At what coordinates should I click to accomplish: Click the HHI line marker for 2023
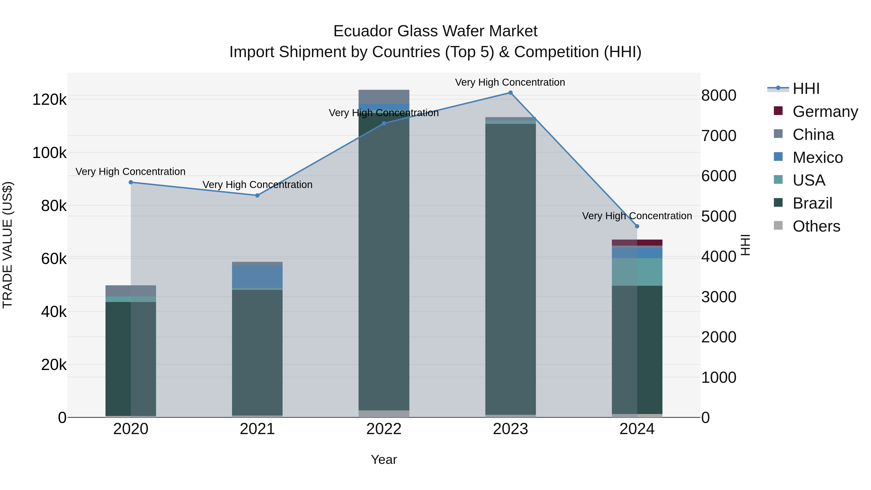[x=510, y=93]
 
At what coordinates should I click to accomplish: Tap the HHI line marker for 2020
[x=131, y=182]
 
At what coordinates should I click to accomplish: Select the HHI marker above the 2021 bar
[x=257, y=196]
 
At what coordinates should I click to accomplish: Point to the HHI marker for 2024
[x=637, y=226]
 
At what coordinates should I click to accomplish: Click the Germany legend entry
[x=825, y=112]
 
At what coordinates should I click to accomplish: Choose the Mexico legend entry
[x=817, y=158]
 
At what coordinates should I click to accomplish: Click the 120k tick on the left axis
[x=49, y=100]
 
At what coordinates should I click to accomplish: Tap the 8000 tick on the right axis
[x=719, y=95]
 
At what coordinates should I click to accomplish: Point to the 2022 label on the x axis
[x=384, y=429]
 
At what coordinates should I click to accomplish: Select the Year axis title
[x=384, y=460]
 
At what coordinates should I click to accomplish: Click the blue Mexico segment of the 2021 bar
[x=257, y=277]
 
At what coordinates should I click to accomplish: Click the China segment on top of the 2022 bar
[x=384, y=97]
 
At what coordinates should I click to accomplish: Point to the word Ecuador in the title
[x=363, y=31]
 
